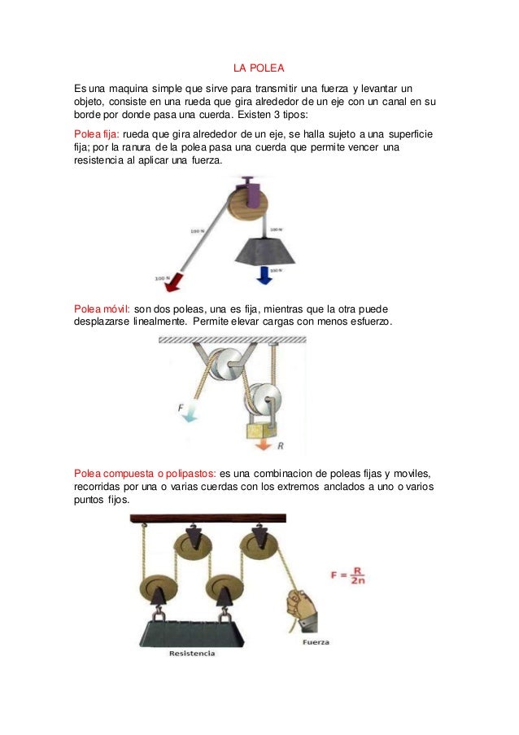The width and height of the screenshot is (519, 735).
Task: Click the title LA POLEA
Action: tap(259, 66)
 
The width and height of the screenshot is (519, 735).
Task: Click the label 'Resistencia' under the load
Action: tap(192, 653)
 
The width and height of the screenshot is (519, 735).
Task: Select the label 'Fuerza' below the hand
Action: tap(316, 642)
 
